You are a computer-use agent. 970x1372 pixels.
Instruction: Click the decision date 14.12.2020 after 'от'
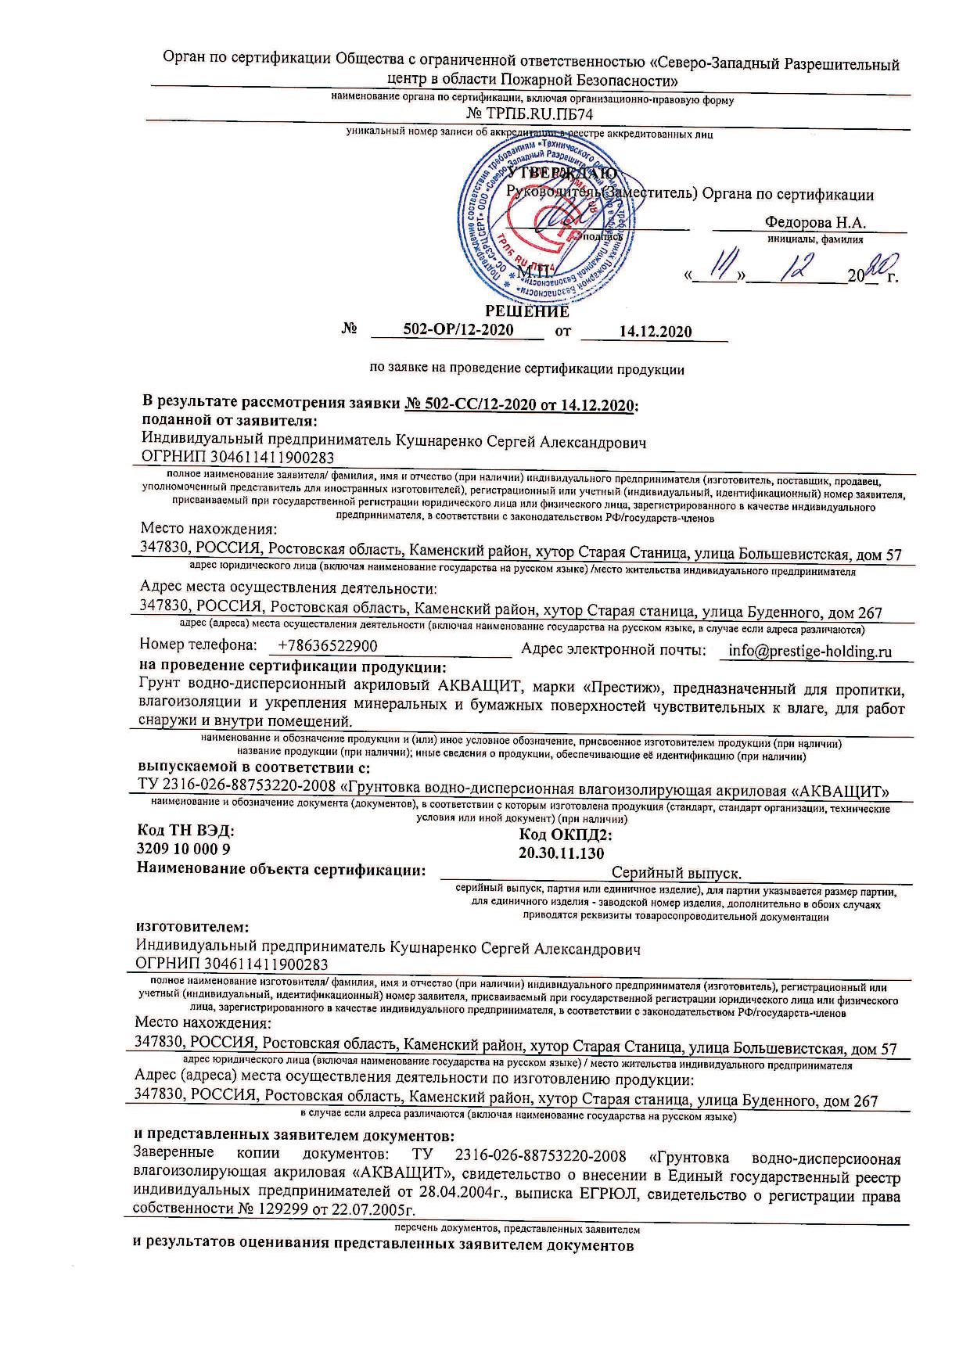tap(655, 332)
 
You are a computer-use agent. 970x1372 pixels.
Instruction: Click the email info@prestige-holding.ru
tap(810, 651)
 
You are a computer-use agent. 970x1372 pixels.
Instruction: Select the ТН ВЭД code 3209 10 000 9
tap(184, 849)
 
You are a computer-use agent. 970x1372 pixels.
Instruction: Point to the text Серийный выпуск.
tap(676, 872)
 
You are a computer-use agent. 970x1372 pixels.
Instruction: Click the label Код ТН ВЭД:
tap(185, 831)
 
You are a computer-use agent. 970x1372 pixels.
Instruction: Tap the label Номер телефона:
tap(198, 645)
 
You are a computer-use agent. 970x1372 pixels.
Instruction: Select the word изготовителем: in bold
tap(192, 928)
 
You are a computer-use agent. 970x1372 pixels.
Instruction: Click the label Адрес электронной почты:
tap(613, 649)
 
